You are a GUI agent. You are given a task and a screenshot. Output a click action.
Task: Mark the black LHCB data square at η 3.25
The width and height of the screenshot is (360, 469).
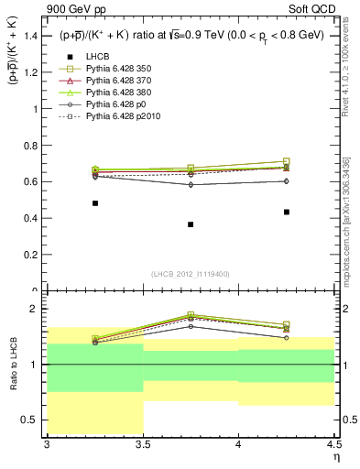[x=95, y=203]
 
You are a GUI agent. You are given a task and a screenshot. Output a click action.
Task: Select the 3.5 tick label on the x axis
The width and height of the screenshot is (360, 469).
[x=143, y=443]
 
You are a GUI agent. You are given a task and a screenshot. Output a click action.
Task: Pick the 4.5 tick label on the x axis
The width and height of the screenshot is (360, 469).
[x=333, y=443]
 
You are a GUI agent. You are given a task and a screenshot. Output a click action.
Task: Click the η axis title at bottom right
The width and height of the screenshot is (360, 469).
[x=335, y=456]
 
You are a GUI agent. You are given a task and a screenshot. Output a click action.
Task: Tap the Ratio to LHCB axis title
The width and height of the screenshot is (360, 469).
[x=12, y=365]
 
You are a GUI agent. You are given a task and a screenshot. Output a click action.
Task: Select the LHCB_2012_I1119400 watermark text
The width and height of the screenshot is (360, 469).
[x=191, y=274]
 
